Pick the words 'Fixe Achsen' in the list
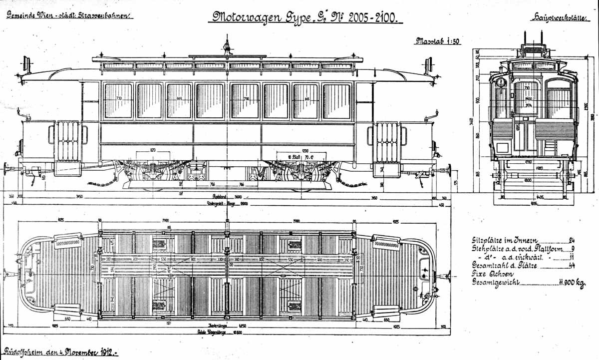pyautogui.click(x=488, y=274)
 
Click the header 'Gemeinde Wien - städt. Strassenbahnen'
pyautogui.click(x=69, y=15)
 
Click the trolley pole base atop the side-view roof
pyautogui.click(x=228, y=50)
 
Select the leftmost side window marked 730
pyautogui.click(x=118, y=101)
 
